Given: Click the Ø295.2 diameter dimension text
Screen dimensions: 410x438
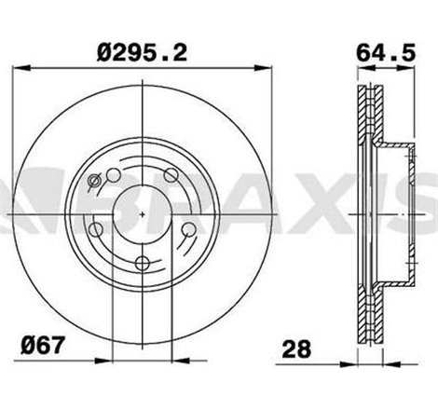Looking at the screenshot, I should pos(139,52).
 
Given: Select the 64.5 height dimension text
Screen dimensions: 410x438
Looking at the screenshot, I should pos(384,52).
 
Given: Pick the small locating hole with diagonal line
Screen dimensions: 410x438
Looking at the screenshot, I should pos(94,183).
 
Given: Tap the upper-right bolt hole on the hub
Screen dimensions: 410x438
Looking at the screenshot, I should pos(170,174).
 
